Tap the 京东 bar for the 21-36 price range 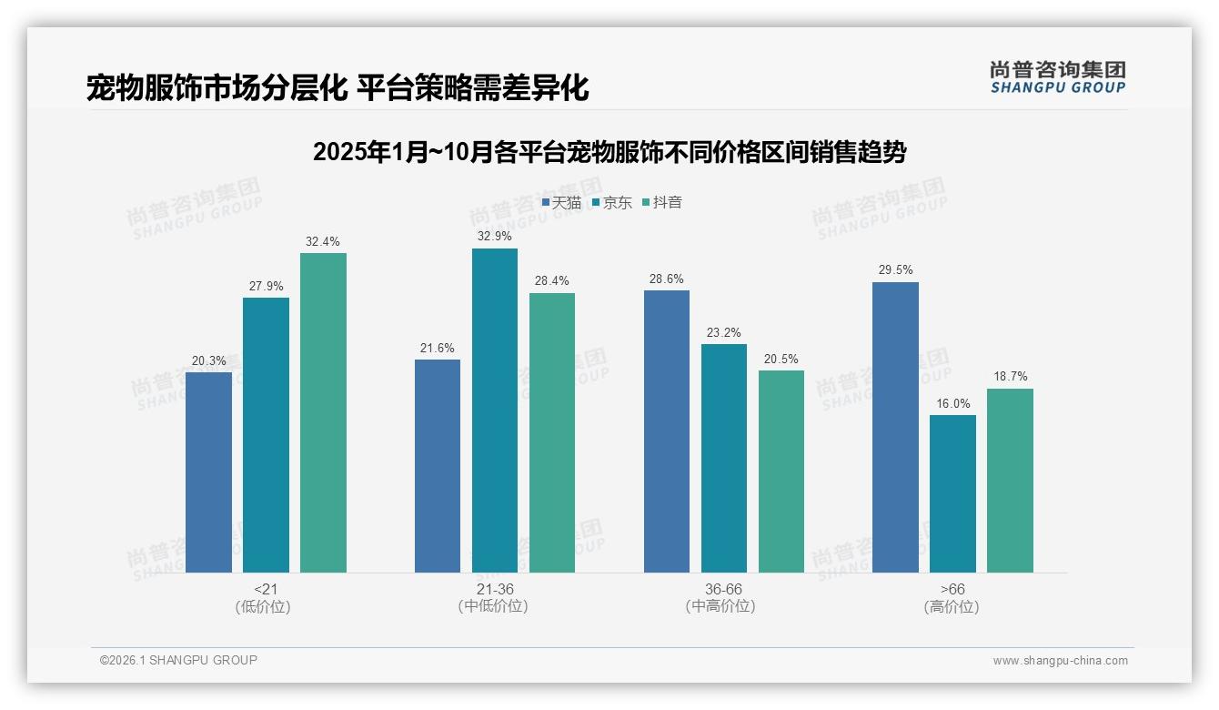pos(495,411)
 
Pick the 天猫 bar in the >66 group pos(895,427)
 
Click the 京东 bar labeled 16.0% pos(952,493)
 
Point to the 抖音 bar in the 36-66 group pos(781,471)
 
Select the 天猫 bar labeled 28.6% pos(667,431)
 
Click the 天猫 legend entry pos(561,203)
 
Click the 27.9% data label pos(266,286)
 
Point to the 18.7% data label pos(1010,377)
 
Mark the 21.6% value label pos(438,348)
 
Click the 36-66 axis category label pos(723,590)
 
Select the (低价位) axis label pos(263,607)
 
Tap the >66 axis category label pos(952,590)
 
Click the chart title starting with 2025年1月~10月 pos(609,152)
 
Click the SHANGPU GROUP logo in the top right pos(1057,77)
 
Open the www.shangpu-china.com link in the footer pos(1060,661)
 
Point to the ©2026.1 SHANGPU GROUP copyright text pos(178,660)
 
